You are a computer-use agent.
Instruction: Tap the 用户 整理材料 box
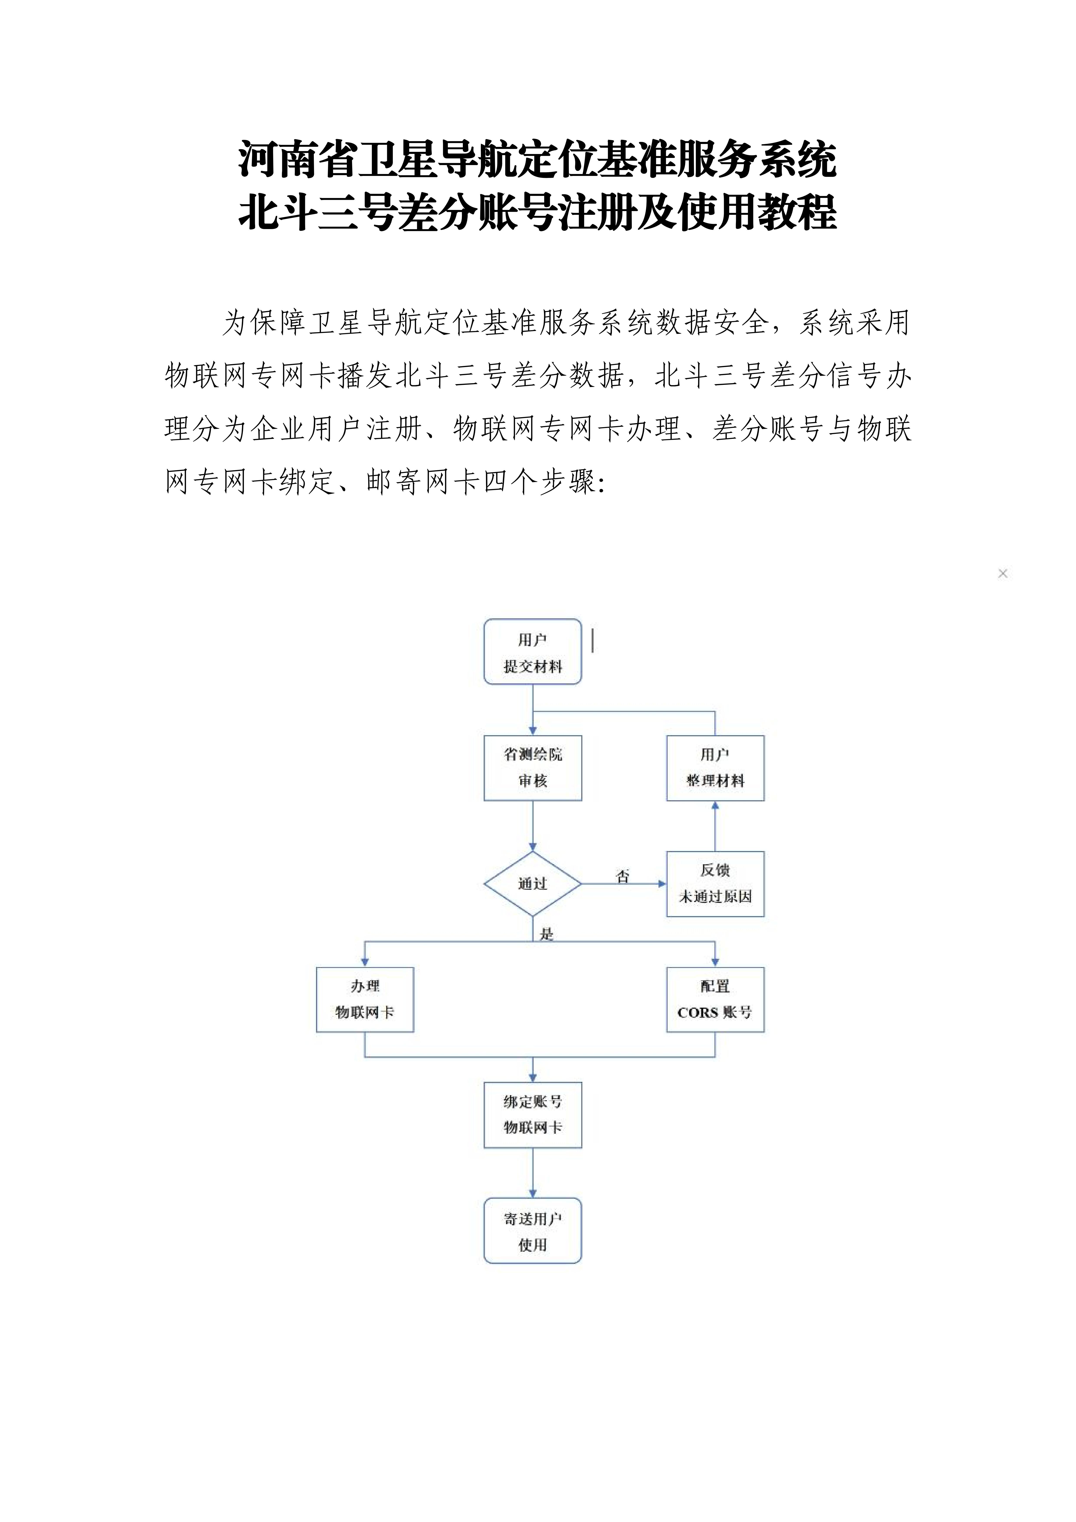[715, 768]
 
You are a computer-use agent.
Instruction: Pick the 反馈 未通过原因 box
[715, 884]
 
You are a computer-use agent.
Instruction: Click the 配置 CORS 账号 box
[715, 1000]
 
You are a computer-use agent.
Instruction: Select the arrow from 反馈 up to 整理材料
[715, 826]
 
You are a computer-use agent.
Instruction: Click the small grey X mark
[1002, 573]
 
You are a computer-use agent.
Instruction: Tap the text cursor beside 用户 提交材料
[592, 641]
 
